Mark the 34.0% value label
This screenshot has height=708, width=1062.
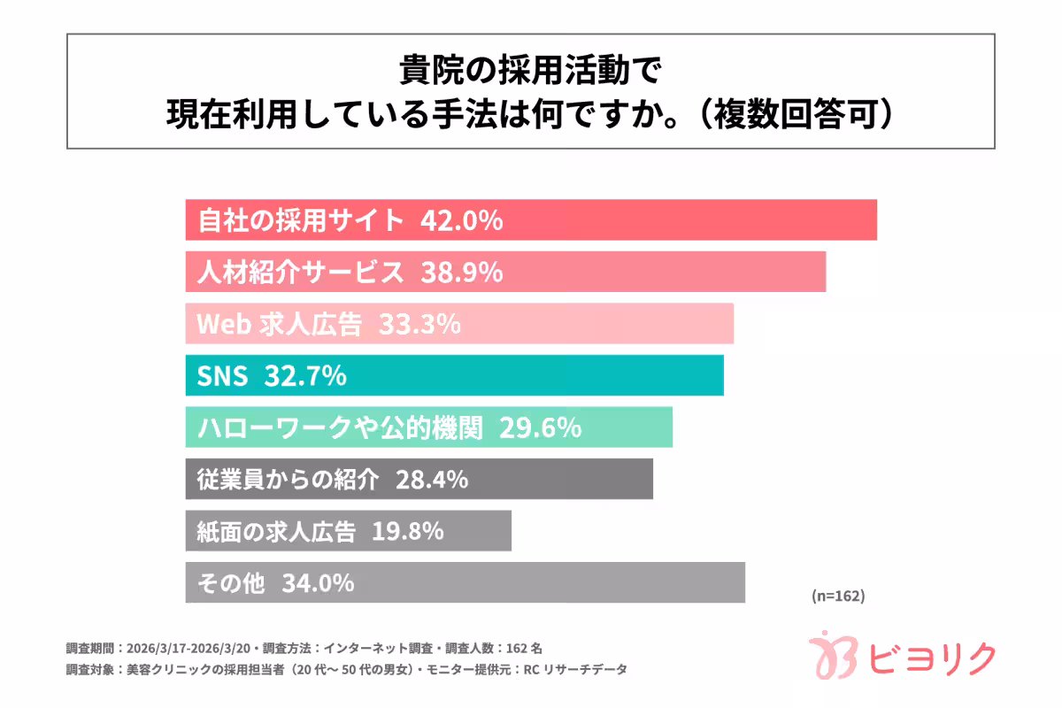(x=319, y=583)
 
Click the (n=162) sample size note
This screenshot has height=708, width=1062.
(x=837, y=596)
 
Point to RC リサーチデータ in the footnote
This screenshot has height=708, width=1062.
(x=585, y=670)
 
